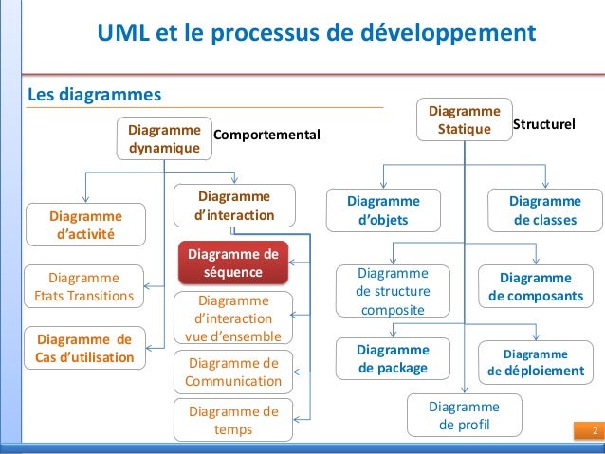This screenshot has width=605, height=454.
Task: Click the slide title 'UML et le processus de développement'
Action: click(317, 34)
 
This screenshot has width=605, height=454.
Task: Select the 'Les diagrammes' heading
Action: click(95, 95)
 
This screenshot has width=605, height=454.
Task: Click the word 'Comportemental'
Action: click(267, 136)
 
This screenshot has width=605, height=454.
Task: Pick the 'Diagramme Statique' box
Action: click(465, 120)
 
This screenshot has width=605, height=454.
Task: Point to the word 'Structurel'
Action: click(544, 124)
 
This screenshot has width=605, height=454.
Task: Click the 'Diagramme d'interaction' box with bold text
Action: click(233, 206)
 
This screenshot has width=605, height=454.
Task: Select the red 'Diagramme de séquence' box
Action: click(232, 263)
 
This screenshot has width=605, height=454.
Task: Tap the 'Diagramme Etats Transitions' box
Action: click(85, 287)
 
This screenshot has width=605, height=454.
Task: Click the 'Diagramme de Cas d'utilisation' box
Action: click(85, 348)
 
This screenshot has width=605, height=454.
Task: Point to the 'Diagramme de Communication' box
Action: click(233, 372)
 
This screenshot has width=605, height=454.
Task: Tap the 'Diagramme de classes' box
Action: click(545, 211)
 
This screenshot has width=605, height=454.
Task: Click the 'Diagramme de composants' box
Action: click(536, 286)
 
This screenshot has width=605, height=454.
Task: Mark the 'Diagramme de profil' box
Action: click(465, 415)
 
